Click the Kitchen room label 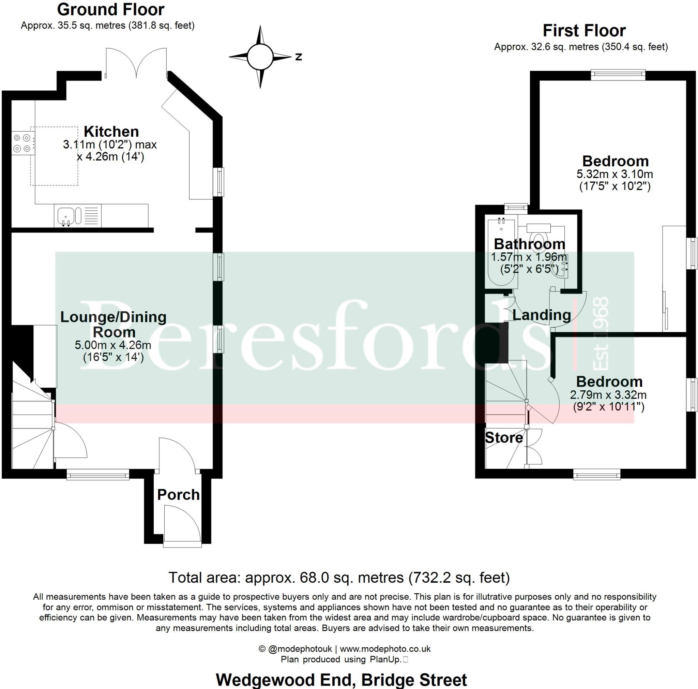pyautogui.click(x=111, y=132)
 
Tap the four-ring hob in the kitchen pyautogui.click(x=22, y=143)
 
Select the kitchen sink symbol pyautogui.click(x=66, y=216)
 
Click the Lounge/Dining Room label pyautogui.click(x=113, y=324)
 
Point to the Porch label pyautogui.click(x=178, y=495)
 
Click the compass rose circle pyautogui.click(x=260, y=57)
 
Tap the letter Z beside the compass pyautogui.click(x=299, y=57)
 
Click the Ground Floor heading pyautogui.click(x=110, y=10)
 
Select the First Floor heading pyautogui.click(x=584, y=31)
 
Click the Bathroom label pyautogui.click(x=529, y=244)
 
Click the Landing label pyautogui.click(x=542, y=315)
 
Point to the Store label pyautogui.click(x=504, y=438)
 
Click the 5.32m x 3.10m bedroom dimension pyautogui.click(x=614, y=174)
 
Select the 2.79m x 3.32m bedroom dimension pyautogui.click(x=608, y=395)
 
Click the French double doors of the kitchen pyautogui.click(x=136, y=63)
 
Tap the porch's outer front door pyautogui.click(x=182, y=525)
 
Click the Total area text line pyautogui.click(x=339, y=578)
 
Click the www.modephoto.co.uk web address pyautogui.click(x=385, y=649)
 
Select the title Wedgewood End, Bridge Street pyautogui.click(x=341, y=680)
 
